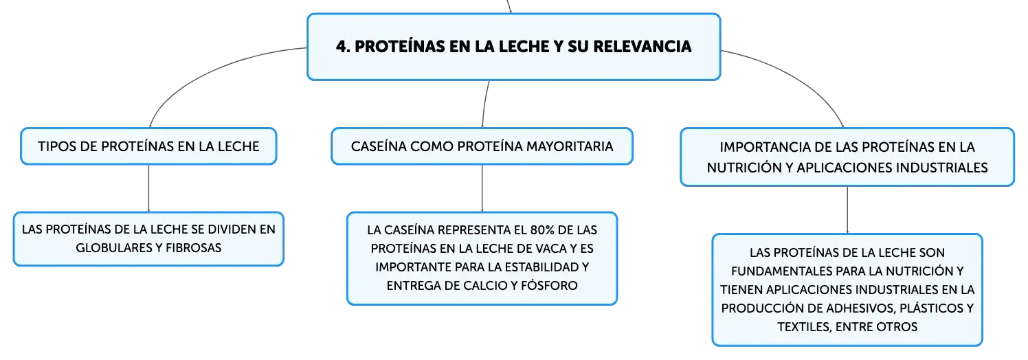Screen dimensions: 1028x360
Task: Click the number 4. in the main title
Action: (x=344, y=46)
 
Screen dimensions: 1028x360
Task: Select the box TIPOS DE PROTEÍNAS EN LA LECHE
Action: (x=148, y=146)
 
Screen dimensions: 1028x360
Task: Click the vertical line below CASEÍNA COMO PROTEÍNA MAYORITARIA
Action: (x=482, y=188)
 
